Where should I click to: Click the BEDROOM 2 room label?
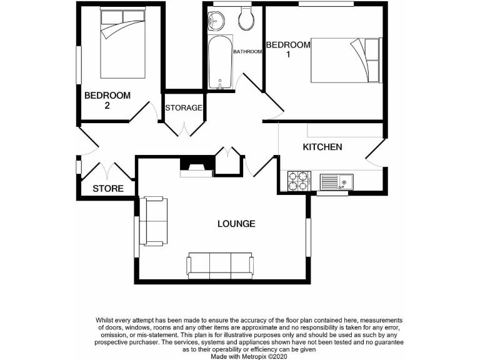107,100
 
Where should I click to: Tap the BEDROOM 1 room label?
288,49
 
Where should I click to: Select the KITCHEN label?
322,147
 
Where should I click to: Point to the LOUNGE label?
236,224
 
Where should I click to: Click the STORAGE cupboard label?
184,107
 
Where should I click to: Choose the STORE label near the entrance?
107,189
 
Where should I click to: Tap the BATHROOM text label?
247,52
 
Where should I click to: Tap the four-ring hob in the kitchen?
298,181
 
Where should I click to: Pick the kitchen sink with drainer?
336,182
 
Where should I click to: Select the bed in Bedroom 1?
345,59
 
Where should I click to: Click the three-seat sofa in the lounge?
220,265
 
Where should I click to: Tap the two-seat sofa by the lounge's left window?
154,221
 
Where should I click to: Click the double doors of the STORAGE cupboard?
184,127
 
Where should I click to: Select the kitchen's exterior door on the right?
376,152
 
